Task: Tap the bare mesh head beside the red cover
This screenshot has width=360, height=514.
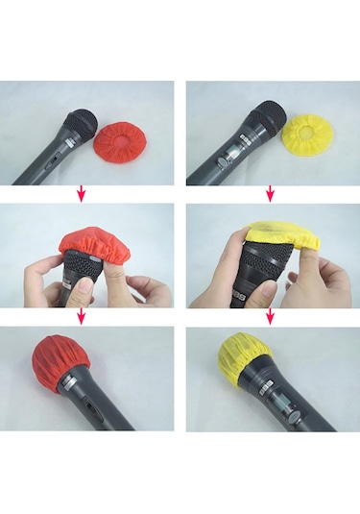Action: click(x=80, y=124)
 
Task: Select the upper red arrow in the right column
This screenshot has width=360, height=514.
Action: click(x=269, y=193)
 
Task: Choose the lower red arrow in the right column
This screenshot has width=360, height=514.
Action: click(x=269, y=316)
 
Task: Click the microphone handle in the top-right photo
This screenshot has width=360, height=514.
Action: click(x=217, y=163)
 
